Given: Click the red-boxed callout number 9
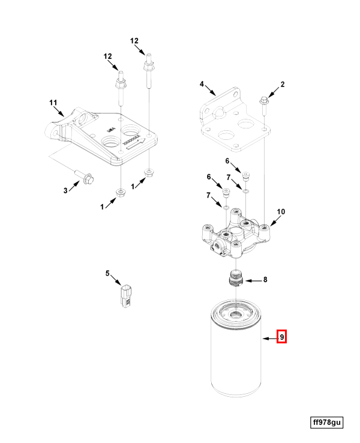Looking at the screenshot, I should click(281, 337).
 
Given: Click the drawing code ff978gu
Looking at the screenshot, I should click(326, 423).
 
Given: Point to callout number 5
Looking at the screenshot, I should click(108, 274).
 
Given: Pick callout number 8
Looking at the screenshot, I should click(265, 279).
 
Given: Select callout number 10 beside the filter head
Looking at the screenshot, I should click(281, 212).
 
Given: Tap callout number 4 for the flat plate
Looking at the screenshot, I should click(203, 83).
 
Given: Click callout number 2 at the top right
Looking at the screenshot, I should click(283, 85).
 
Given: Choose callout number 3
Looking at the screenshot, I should click(66, 191).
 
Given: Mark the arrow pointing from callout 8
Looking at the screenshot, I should click(253, 280).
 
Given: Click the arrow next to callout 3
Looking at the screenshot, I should click(75, 185).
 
